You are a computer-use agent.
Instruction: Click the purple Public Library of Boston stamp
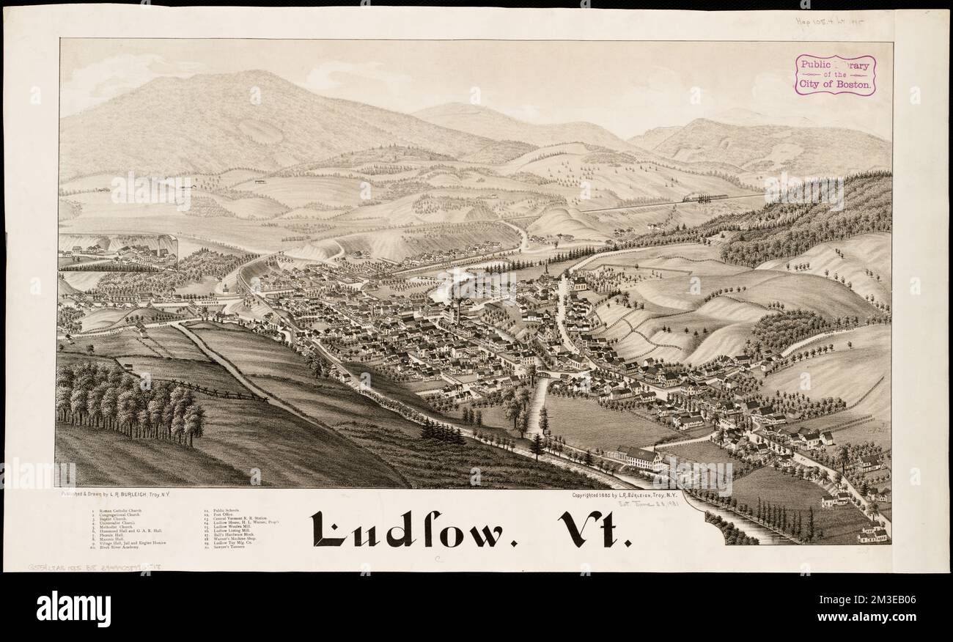pyautogui.click(x=835, y=75)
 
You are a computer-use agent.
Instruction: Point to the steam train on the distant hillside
pyautogui.click(x=704, y=197)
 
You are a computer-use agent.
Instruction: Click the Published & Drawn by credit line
pyautogui.click(x=125, y=495)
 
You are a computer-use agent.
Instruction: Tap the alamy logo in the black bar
pyautogui.click(x=73, y=608)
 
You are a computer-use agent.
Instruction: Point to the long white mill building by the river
pyautogui.click(x=639, y=458)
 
